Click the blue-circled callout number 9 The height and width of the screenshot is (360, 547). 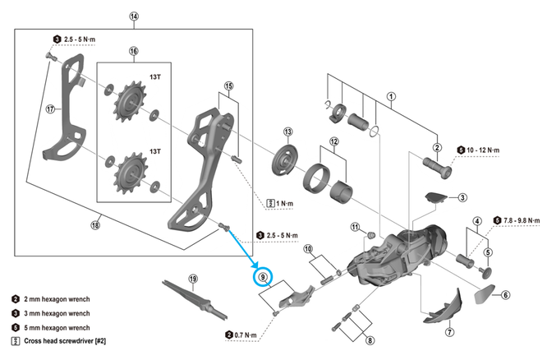pyautogui.click(x=264, y=277)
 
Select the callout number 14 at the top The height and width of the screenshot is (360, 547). pyautogui.click(x=134, y=16)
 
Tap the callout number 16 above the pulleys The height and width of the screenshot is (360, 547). pyautogui.click(x=134, y=51)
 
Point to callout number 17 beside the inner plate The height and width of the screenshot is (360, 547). pyautogui.click(x=51, y=108)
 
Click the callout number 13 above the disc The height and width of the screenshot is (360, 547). pyautogui.click(x=287, y=132)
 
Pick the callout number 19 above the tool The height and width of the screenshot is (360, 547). pyautogui.click(x=193, y=279)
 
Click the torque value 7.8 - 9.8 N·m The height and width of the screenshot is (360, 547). pyautogui.click(x=520, y=220)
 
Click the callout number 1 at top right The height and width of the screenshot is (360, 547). pyautogui.click(x=392, y=95)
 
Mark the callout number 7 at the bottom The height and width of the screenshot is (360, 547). pyautogui.click(x=449, y=333)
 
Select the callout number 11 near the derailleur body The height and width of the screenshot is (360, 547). pyautogui.click(x=355, y=226)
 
